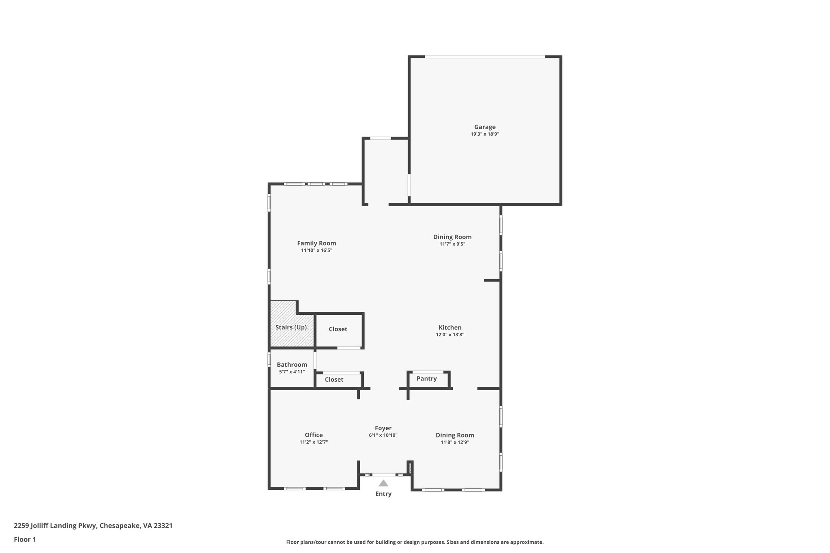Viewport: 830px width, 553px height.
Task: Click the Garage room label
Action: pos(485,127)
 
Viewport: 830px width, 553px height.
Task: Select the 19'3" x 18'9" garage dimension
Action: pos(485,134)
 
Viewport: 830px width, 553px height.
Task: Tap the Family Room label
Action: pos(317,243)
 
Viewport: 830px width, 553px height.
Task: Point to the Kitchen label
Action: pos(450,327)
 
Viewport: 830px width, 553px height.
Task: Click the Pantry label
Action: pos(426,378)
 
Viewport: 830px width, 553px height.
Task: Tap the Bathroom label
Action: pos(292,365)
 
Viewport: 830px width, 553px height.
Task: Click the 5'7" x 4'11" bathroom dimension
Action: pos(292,372)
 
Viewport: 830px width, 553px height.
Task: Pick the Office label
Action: pos(314,435)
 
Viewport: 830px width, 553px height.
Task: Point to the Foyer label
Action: pos(383,428)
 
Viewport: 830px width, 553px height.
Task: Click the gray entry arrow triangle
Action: pos(383,483)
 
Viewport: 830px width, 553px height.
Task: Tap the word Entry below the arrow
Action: pos(383,494)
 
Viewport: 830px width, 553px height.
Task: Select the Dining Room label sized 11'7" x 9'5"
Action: pos(452,237)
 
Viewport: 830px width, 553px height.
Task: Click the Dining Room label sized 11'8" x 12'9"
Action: pos(455,435)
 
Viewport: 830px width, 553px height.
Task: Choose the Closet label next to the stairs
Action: pos(338,329)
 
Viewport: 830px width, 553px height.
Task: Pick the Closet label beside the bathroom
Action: pos(334,380)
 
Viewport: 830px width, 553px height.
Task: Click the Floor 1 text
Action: pos(25,539)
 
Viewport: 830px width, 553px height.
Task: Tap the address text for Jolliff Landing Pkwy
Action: pos(93,525)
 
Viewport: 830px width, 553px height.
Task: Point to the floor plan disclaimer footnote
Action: pos(415,542)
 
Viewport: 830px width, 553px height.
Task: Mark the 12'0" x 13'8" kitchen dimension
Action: pos(450,335)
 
